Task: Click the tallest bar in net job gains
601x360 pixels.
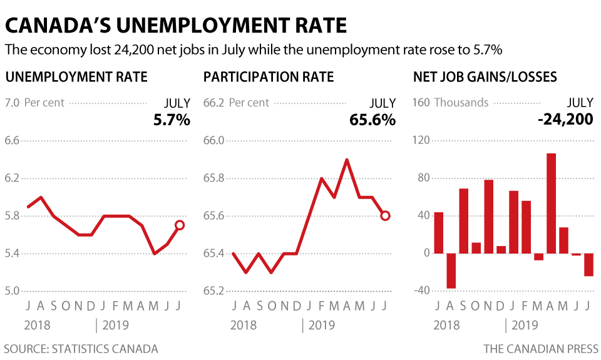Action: pos(551,203)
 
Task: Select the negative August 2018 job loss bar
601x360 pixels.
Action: pos(451,270)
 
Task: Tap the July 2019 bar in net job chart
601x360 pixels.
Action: pos(588,265)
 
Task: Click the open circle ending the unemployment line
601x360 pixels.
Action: pos(180,225)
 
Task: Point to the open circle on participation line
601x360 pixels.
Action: pos(385,216)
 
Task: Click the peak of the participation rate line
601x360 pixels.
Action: pos(346,160)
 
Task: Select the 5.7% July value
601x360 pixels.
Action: pos(172,120)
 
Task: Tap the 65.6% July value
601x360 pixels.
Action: pos(372,120)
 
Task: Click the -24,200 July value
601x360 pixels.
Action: pos(566,119)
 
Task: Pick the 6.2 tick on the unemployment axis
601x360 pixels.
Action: pos(12,178)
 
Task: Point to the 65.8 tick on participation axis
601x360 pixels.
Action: pos(213,178)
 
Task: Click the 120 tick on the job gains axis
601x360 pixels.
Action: pos(421,140)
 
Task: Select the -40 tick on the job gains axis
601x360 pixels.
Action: pos(422,291)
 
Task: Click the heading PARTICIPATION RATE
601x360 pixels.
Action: pos(269,77)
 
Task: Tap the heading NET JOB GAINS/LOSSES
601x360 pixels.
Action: pos(485,77)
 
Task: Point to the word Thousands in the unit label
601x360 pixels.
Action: pos(461,103)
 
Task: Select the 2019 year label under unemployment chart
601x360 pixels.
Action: pos(115,325)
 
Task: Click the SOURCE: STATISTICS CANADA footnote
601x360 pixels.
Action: pos(81,349)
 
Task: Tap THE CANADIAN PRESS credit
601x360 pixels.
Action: pos(541,349)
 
